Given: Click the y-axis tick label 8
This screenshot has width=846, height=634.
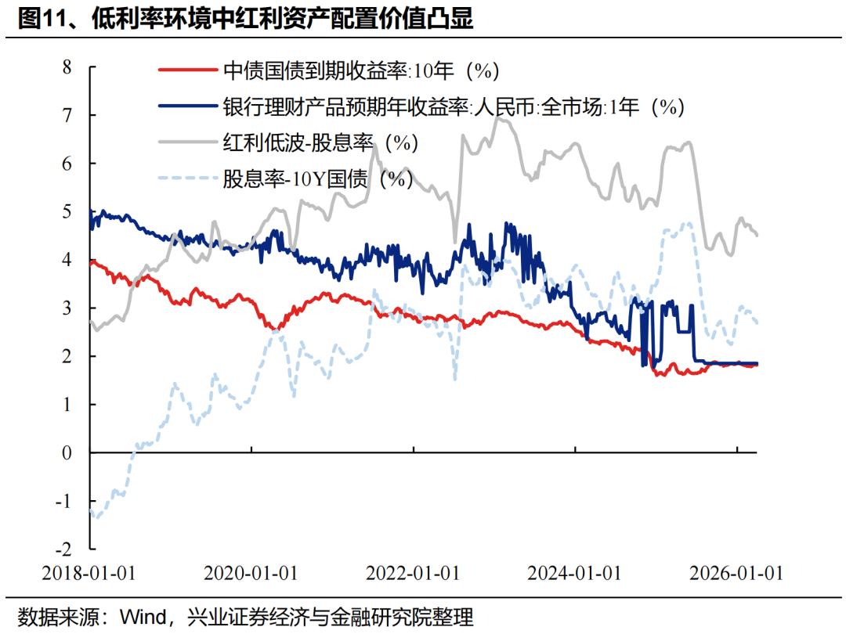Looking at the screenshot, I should (67, 67).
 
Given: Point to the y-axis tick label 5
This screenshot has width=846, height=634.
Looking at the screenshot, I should (67, 211).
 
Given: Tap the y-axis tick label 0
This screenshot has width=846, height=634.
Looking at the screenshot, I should (67, 452).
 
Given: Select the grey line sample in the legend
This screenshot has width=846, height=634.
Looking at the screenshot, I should (187, 143).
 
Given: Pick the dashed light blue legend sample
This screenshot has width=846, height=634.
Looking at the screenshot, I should (187, 179).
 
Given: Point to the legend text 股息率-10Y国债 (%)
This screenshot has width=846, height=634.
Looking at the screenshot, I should (318, 179).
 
